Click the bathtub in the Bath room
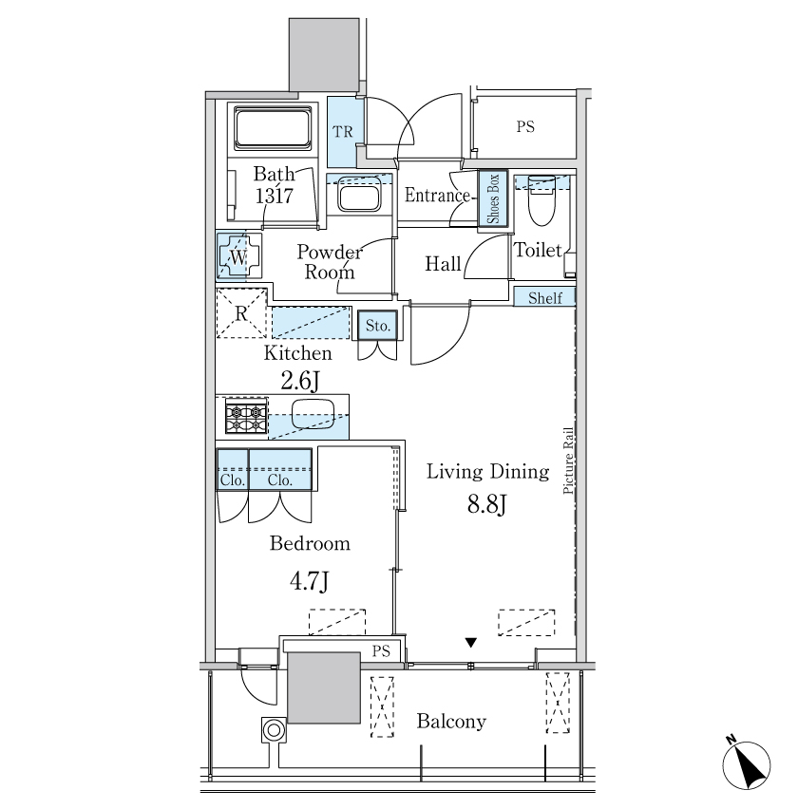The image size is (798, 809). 273,128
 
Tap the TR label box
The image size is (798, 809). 345,132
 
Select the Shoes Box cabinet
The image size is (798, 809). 493,198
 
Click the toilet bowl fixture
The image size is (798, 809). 541,200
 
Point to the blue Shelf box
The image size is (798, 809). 544,297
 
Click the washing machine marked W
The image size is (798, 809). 238,256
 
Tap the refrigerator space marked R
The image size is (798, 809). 241,313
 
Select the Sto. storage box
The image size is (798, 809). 377,326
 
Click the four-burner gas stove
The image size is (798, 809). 246,415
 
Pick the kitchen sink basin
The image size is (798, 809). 313,414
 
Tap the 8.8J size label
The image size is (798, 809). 486,504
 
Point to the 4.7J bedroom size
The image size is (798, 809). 309,581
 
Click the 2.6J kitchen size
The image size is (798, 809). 300,381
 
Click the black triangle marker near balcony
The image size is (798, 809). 470,642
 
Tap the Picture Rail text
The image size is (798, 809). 568,461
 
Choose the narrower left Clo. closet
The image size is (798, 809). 233,469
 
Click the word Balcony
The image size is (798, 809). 451,722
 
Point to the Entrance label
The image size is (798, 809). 437,195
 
